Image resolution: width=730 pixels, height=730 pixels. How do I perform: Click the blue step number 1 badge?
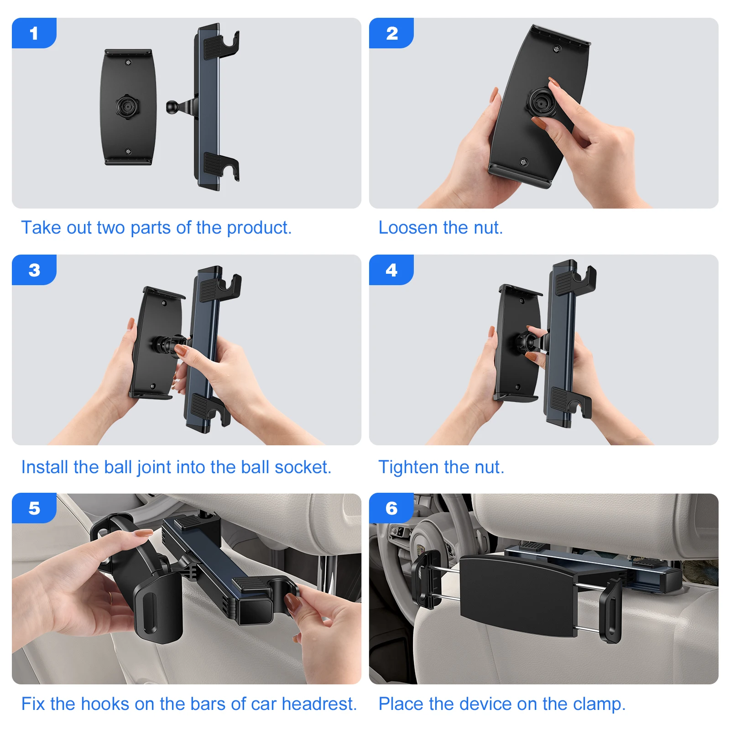pyautogui.click(x=34, y=33)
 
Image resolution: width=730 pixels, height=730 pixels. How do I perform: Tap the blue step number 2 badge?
pyautogui.click(x=391, y=33)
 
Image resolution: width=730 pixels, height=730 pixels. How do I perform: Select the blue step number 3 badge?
pyautogui.click(x=34, y=270)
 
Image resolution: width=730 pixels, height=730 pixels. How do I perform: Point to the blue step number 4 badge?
pyautogui.click(x=391, y=270)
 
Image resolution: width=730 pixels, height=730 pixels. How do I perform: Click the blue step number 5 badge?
pyautogui.click(x=34, y=508)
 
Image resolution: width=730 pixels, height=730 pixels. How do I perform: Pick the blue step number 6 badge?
pyautogui.click(x=391, y=508)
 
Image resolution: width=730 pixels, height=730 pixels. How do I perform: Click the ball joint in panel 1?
pyautogui.click(x=172, y=107)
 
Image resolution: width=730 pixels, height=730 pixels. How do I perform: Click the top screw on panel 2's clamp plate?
pyautogui.click(x=557, y=49)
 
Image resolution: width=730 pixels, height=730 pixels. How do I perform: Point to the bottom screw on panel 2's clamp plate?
pyautogui.click(x=524, y=162)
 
